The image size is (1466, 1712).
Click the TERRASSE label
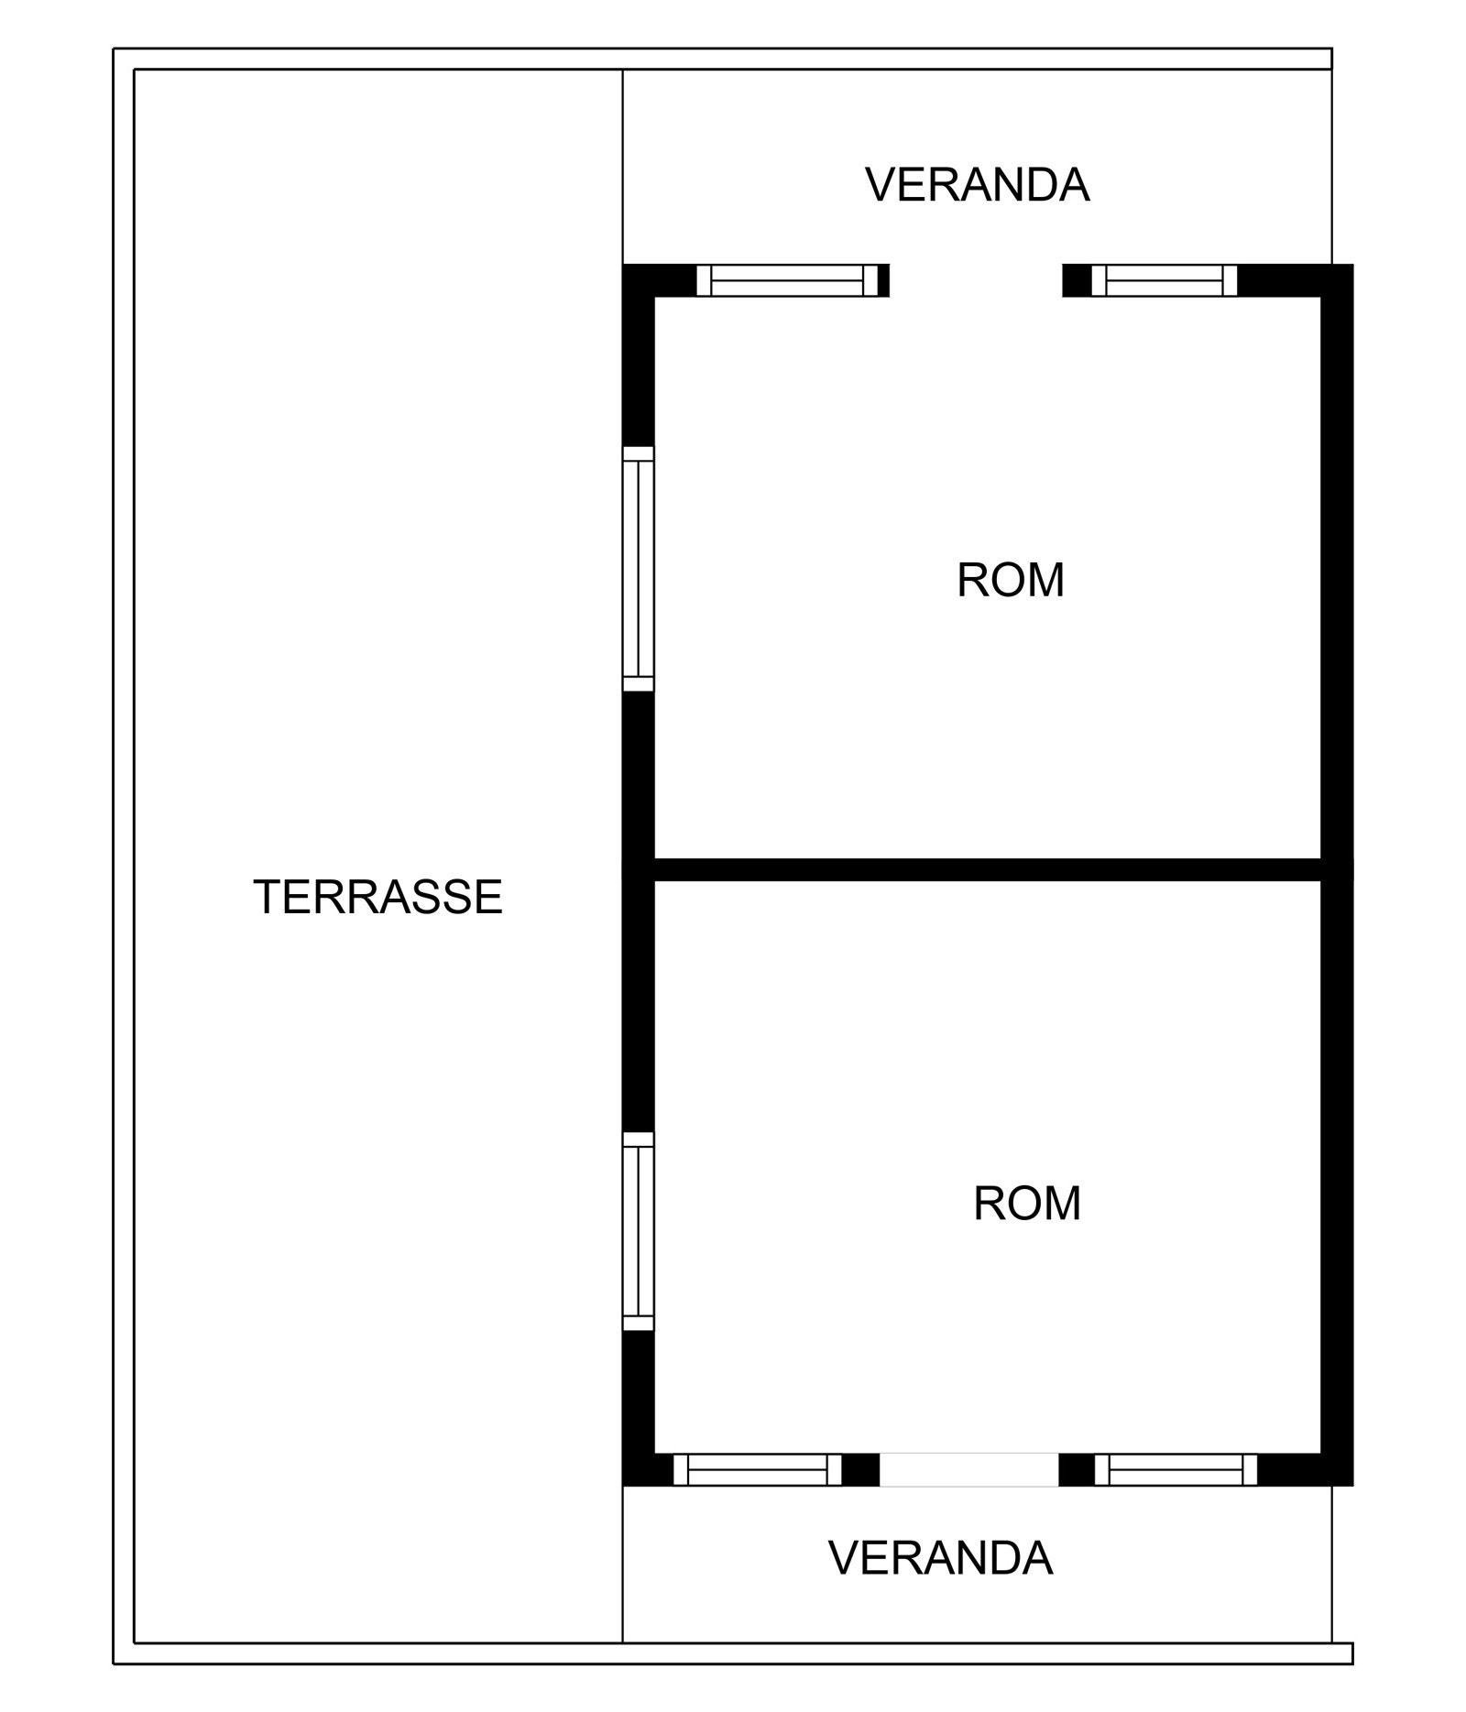tap(377, 897)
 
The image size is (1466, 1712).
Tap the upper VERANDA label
tap(978, 185)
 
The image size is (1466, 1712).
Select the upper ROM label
tap(1011, 580)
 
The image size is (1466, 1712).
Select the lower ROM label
tap(1027, 1204)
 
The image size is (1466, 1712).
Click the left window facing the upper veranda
tap(787, 280)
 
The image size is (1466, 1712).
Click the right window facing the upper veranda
tap(1164, 280)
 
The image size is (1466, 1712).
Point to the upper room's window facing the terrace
tap(639, 569)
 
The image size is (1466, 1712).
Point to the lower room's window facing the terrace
tap(639, 1230)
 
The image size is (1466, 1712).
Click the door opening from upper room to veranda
tap(976, 280)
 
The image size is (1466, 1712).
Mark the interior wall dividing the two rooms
tap(988, 869)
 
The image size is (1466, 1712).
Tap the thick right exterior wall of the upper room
tap(1337, 562)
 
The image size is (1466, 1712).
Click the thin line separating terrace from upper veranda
tap(623, 167)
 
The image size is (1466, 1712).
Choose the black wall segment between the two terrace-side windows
tap(639, 912)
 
